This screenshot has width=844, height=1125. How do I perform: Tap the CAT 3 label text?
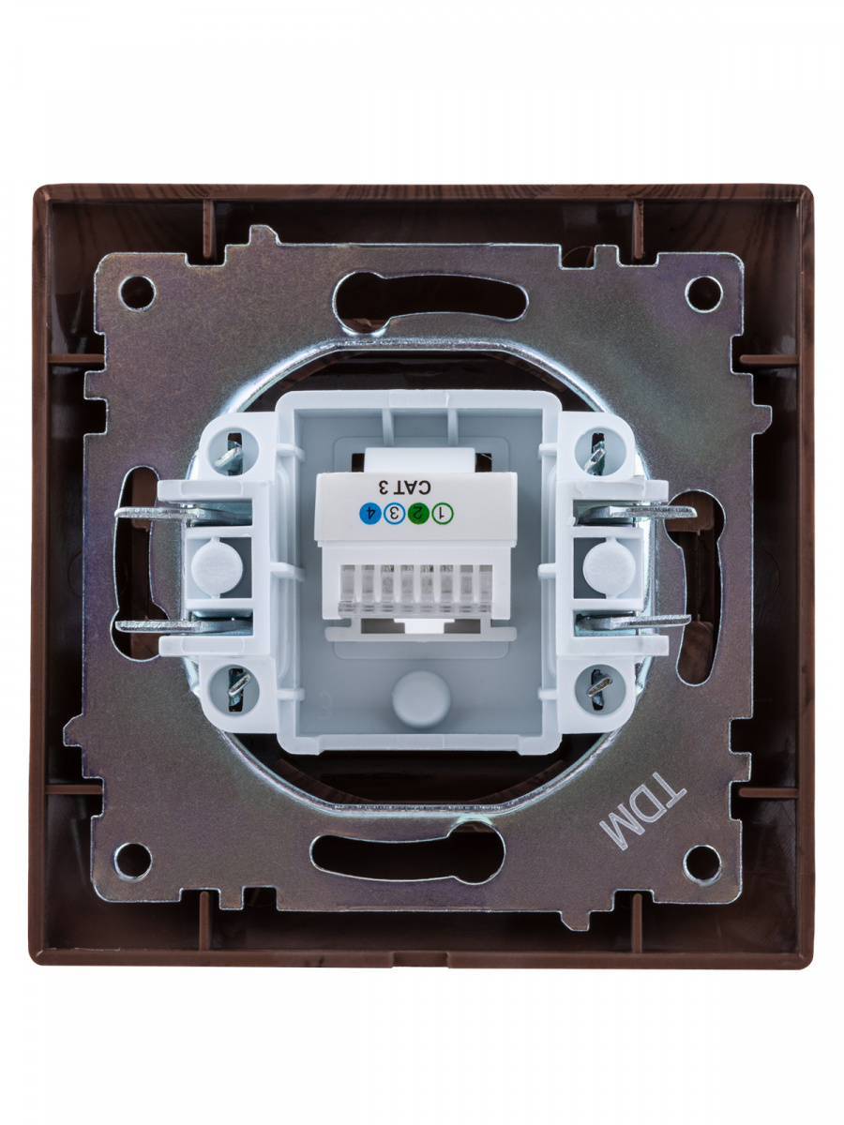(404, 487)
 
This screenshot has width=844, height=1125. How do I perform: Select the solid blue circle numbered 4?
(370, 514)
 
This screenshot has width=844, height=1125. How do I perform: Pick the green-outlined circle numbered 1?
(443, 514)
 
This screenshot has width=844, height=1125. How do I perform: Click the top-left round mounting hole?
(137, 292)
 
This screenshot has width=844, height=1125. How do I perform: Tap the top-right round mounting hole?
(704, 293)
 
